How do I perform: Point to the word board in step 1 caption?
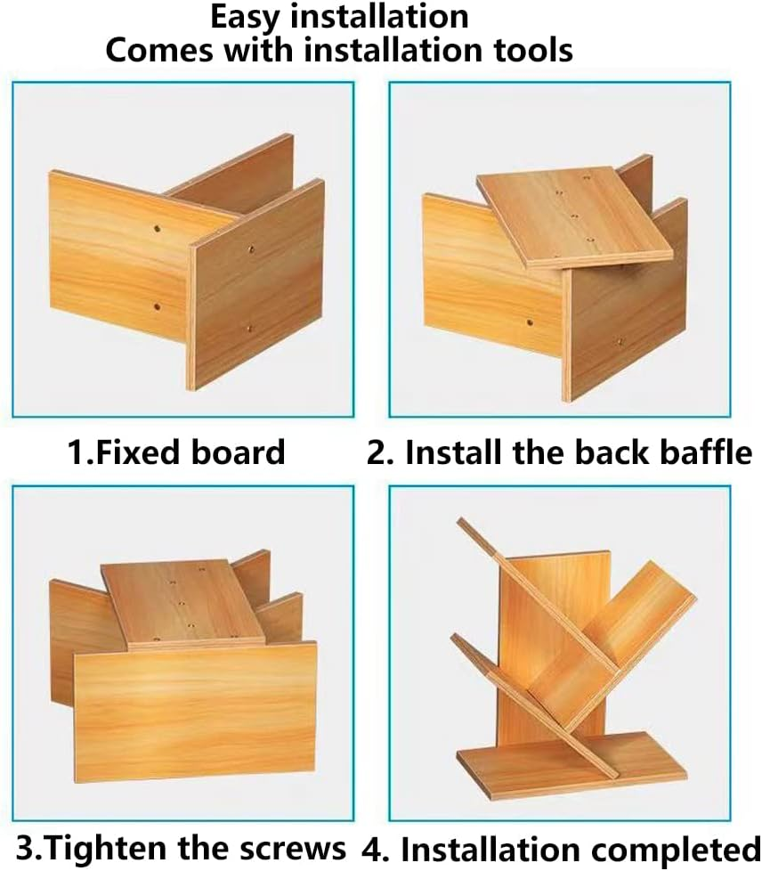pyautogui.click(x=238, y=452)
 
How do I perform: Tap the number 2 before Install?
pyautogui.click(x=377, y=452)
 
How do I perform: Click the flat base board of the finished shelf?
pyautogui.click(x=572, y=765)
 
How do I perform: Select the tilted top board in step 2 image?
pyautogui.click(x=575, y=216)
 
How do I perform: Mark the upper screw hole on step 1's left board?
pyautogui.click(x=158, y=228)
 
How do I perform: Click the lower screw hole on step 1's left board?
pyautogui.click(x=158, y=306)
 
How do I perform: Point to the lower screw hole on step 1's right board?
pyautogui.click(x=250, y=329)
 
